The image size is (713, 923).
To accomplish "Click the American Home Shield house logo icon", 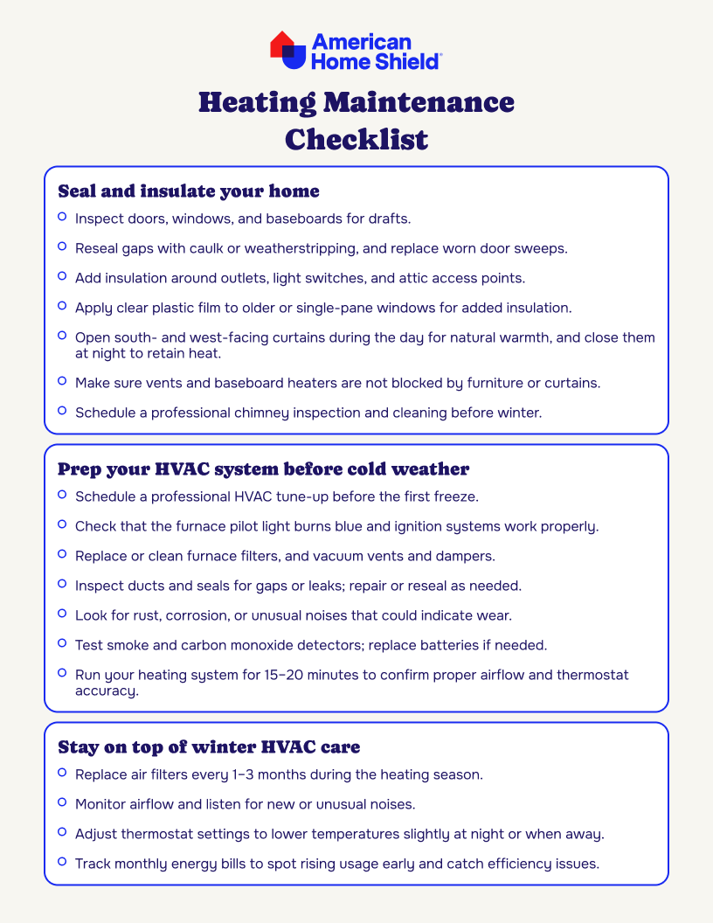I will (288, 51).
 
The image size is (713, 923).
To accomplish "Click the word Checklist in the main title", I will (356, 139).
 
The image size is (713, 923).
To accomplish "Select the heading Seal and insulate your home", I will (188, 191).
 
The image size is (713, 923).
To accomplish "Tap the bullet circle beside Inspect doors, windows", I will (62, 216).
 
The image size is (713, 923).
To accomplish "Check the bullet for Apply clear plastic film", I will (62, 306).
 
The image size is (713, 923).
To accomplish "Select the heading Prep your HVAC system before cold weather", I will (263, 469).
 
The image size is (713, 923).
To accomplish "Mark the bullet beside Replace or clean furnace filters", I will (62, 554).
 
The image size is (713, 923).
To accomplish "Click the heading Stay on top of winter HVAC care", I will (209, 747).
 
